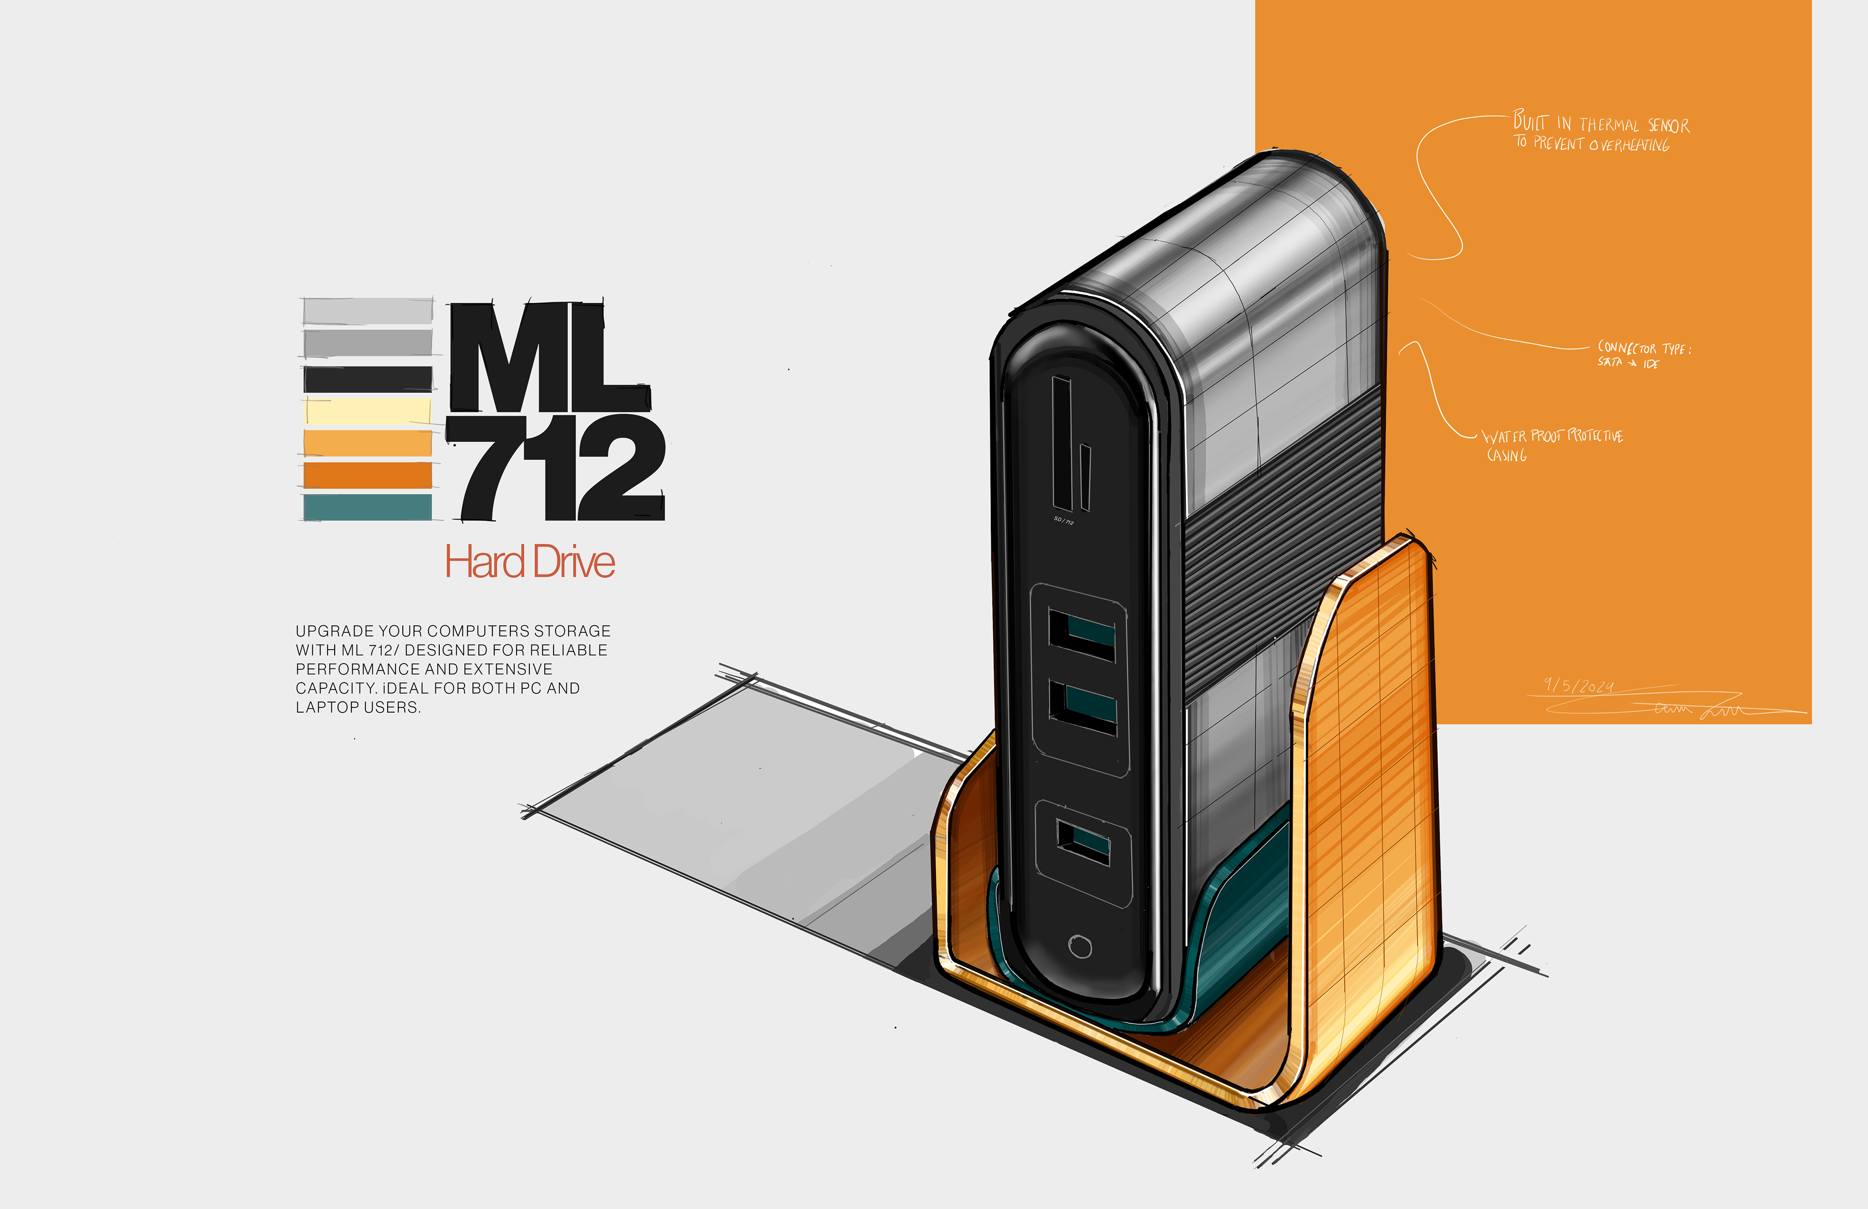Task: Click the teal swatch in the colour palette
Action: [367, 507]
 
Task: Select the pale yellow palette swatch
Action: [367, 411]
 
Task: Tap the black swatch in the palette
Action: [367, 379]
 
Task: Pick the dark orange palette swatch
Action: [367, 474]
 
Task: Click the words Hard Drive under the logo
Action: [530, 562]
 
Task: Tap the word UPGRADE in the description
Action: [335, 631]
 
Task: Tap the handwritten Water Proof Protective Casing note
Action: [1550, 444]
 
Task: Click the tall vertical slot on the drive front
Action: [1062, 444]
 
